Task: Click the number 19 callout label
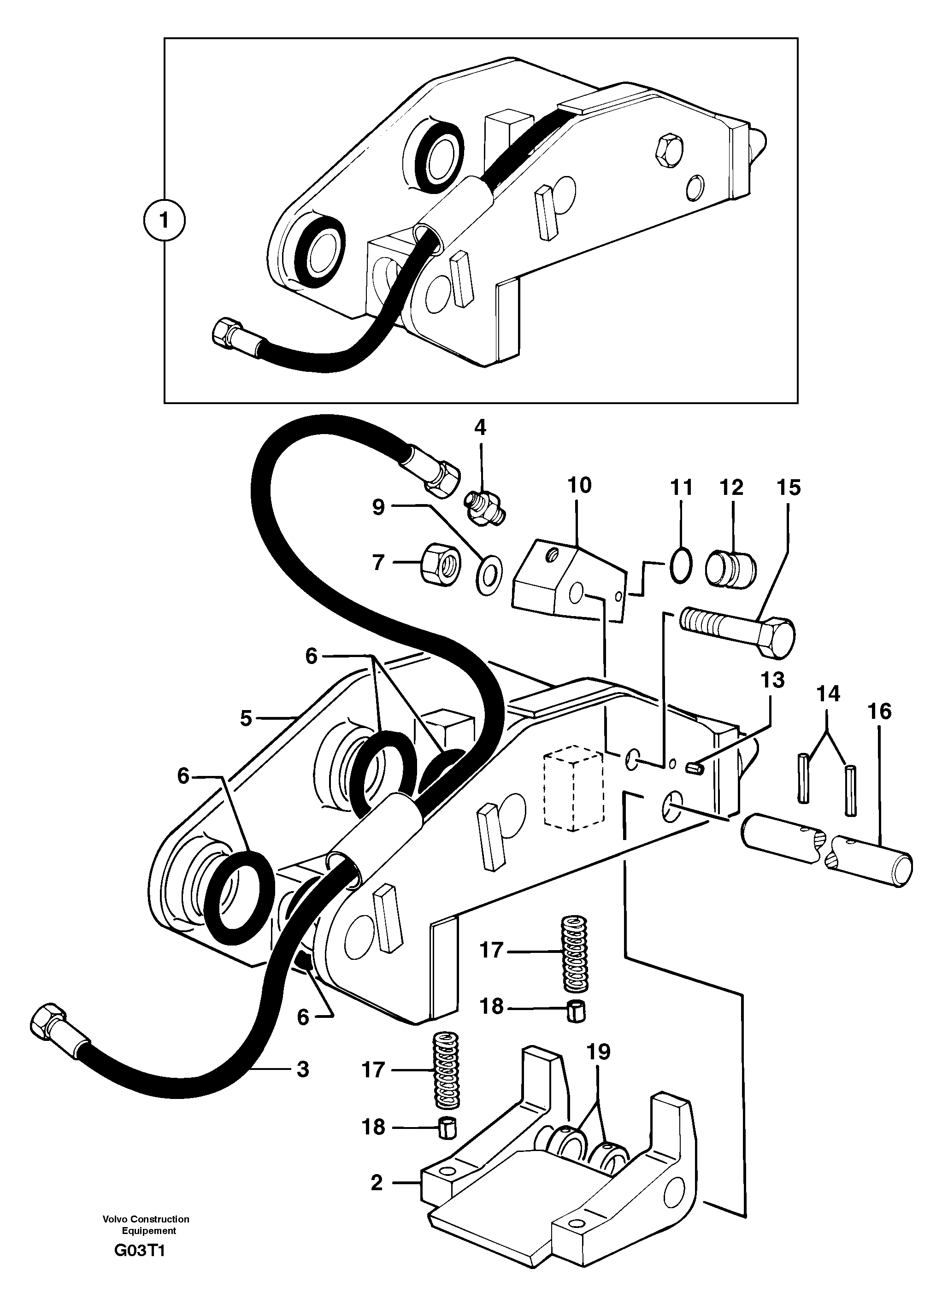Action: [598, 1051]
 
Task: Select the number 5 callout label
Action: [246, 719]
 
